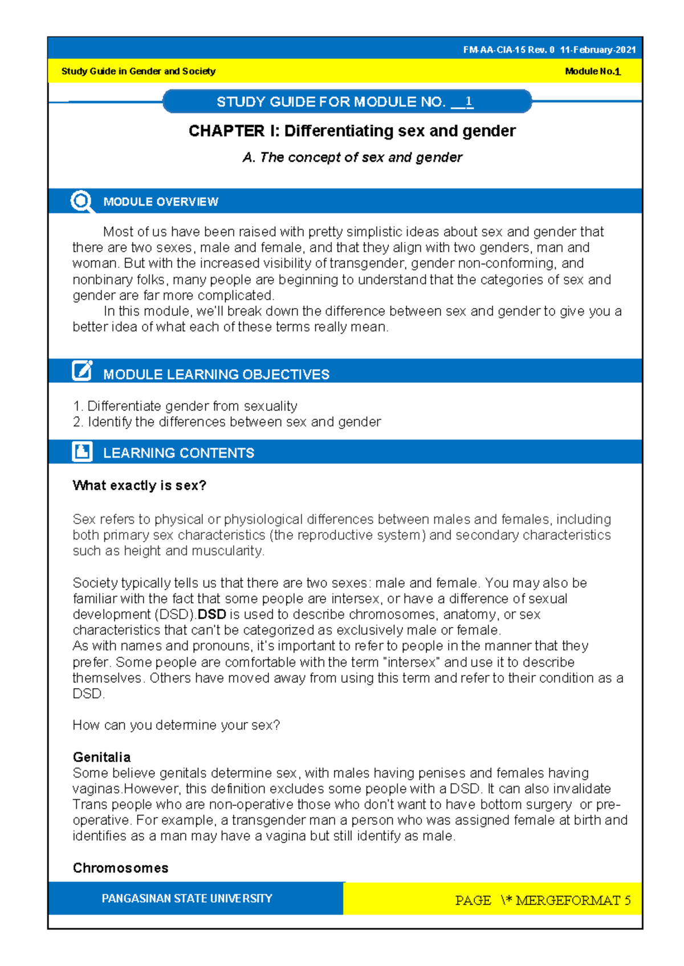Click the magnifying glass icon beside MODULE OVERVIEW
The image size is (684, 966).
point(81,201)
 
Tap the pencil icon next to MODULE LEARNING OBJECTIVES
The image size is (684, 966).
point(82,371)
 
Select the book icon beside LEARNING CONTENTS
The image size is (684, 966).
point(82,452)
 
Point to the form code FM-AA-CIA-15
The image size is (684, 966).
point(494,50)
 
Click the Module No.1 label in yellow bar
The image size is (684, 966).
point(592,72)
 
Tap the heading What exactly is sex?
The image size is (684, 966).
point(139,486)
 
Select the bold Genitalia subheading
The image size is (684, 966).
point(101,758)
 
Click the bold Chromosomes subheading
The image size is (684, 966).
point(120,868)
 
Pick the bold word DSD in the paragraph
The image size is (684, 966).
point(212,615)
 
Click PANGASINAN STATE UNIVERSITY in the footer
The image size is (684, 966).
point(187,899)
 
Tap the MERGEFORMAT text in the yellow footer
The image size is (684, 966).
point(567,900)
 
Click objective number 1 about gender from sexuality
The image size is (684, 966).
point(185,406)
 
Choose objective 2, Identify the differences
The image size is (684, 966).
point(227,422)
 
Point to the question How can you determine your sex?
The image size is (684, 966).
point(176,726)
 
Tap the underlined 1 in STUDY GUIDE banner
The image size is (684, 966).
point(469,102)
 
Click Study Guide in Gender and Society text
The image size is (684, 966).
point(138,72)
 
